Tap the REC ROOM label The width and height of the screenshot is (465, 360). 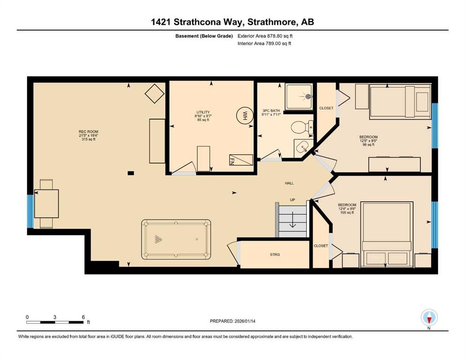tap(88, 132)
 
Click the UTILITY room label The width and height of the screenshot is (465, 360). tap(203, 112)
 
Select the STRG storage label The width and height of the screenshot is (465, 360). tap(275, 255)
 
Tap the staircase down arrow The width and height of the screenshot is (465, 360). tap(292, 221)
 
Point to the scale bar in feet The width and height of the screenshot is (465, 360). tap(55, 322)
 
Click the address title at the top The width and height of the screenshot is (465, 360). tap(232, 22)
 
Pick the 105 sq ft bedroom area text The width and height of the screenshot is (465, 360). tap(347, 213)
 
